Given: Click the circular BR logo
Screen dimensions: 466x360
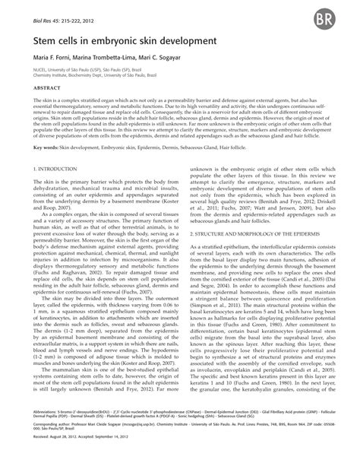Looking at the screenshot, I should click(x=337, y=18).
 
